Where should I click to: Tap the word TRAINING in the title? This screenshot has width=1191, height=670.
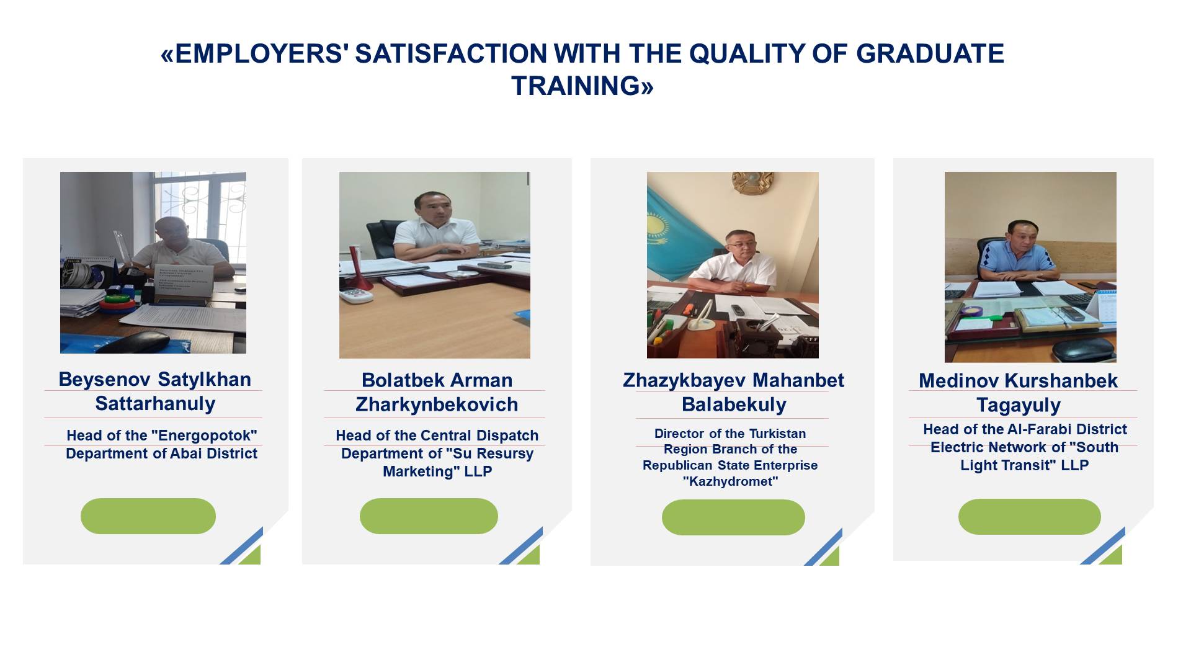[x=576, y=86]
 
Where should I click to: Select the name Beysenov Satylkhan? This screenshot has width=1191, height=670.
[x=155, y=379]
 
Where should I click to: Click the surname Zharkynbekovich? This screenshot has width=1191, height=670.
[x=437, y=404]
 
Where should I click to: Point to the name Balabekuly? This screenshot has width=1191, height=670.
[x=734, y=404]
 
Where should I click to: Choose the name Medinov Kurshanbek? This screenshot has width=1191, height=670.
[x=1018, y=380]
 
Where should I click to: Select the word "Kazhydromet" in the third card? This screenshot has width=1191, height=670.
[x=730, y=481]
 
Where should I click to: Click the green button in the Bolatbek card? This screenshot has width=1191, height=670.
[x=429, y=516]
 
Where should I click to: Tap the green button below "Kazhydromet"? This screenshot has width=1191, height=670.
[x=733, y=517]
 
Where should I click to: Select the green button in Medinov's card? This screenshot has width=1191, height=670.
[x=1030, y=517]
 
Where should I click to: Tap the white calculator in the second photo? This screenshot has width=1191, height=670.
[x=356, y=295]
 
